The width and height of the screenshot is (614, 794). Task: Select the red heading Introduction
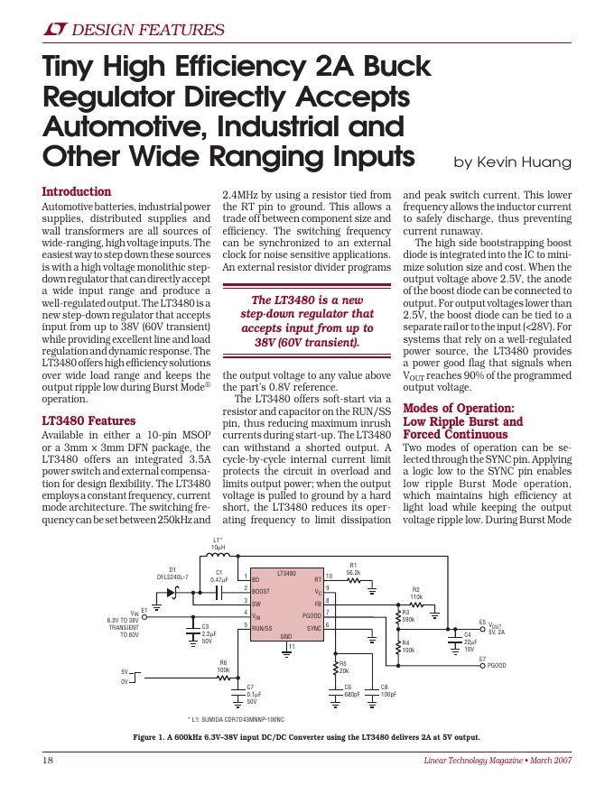pos(77,192)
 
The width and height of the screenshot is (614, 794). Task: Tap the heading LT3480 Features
pos(88,420)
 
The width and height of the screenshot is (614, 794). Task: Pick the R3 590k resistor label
pos(408,615)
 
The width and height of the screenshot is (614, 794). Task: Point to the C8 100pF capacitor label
pos(388,691)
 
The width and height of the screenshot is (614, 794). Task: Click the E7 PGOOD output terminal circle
pos(483,665)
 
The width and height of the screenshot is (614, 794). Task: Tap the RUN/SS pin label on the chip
pos(262,626)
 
